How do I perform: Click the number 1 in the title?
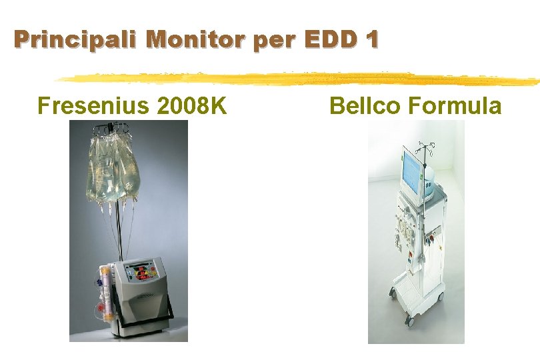click(x=371, y=40)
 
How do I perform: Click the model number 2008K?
click(x=193, y=105)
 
